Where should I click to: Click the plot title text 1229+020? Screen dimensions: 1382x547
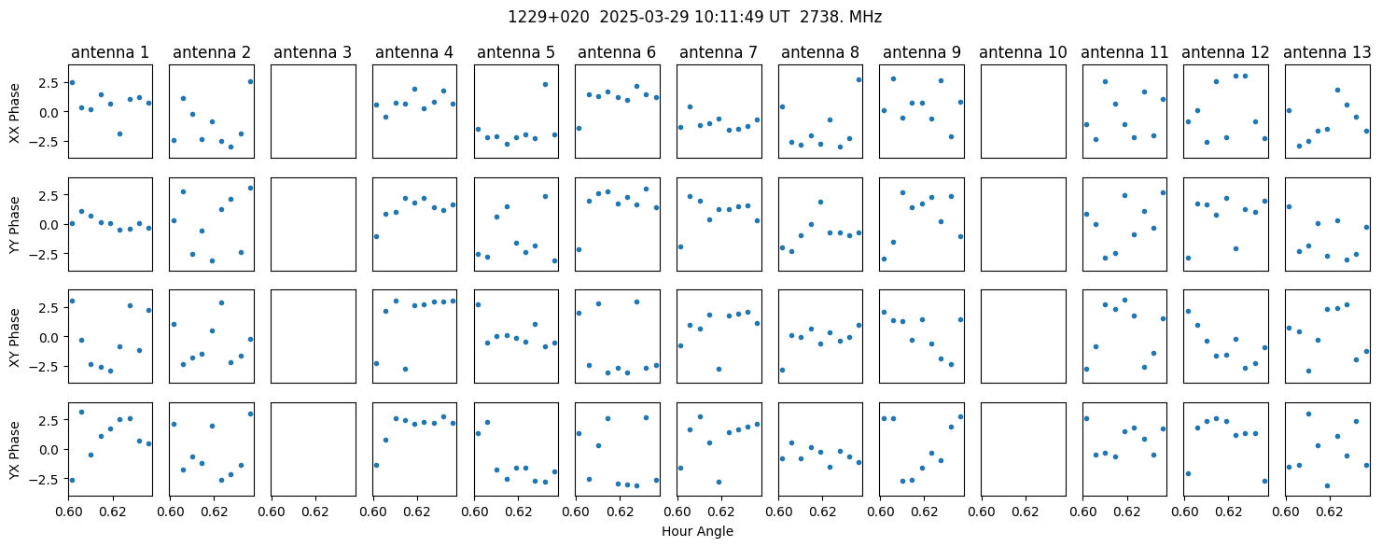click(x=549, y=17)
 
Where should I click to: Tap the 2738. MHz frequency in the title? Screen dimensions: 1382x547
click(x=841, y=17)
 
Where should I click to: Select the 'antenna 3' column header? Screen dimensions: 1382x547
click(x=313, y=52)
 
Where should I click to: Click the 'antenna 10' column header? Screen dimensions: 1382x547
click(x=1023, y=52)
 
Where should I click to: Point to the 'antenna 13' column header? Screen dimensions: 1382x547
click(x=1327, y=52)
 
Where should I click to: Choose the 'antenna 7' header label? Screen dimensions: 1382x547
click(x=719, y=52)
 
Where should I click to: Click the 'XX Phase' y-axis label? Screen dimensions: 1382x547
click(x=14, y=113)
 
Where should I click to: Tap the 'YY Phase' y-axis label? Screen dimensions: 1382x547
click(x=14, y=225)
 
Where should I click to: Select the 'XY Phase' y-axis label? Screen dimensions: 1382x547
click(x=14, y=338)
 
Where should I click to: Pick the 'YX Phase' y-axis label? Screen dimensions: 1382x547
click(x=14, y=451)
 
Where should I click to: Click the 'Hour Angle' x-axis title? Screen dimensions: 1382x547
click(x=697, y=531)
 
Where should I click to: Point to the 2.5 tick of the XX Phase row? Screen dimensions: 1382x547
click(x=52, y=83)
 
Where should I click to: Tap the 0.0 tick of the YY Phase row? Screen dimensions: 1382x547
click(x=52, y=225)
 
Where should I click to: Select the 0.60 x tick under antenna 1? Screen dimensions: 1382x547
click(x=68, y=512)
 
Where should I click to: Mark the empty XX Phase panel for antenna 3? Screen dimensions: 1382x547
click(x=314, y=112)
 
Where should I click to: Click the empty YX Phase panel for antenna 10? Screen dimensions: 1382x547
click(x=1024, y=449)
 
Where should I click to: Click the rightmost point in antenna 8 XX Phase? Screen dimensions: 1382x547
click(x=859, y=79)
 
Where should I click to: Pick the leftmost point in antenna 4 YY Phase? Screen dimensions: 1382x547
click(x=376, y=236)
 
